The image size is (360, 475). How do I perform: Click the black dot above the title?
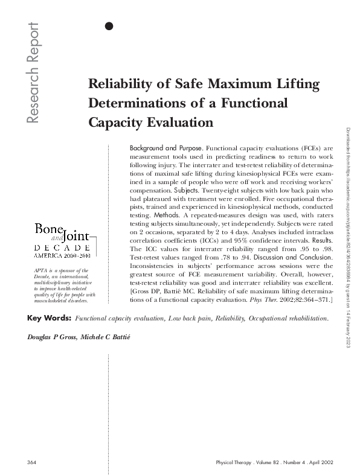[109, 25]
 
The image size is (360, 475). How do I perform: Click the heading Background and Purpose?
[166, 148]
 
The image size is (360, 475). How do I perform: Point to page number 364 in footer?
[33, 462]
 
